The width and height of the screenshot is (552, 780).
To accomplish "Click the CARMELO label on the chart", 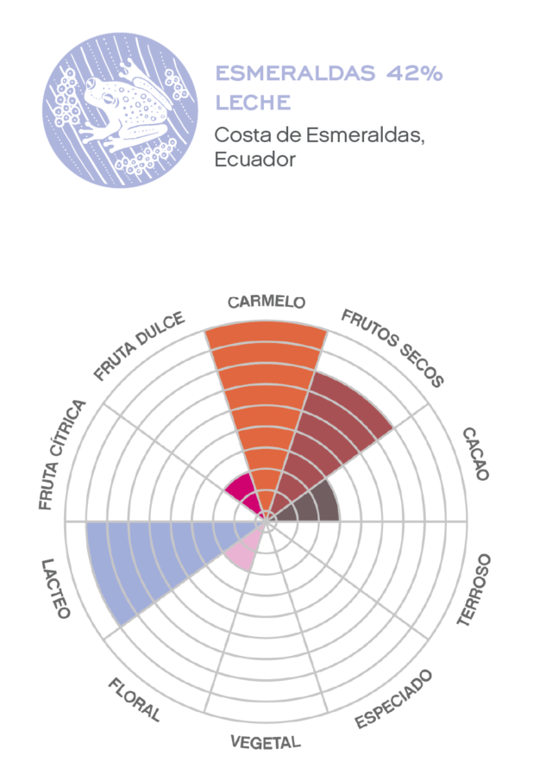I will click(x=267, y=303).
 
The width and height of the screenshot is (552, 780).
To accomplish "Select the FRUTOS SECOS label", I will click(x=392, y=348).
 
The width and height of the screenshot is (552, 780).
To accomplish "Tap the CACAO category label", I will click(x=474, y=453).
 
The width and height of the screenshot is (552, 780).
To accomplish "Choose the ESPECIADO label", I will click(x=394, y=698).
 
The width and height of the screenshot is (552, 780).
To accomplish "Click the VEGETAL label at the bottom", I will click(x=266, y=741).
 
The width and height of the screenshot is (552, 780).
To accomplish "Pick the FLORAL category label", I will click(x=135, y=699).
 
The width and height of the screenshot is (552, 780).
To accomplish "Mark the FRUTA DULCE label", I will click(x=140, y=346).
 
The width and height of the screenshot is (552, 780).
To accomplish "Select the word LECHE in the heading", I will click(x=252, y=103).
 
